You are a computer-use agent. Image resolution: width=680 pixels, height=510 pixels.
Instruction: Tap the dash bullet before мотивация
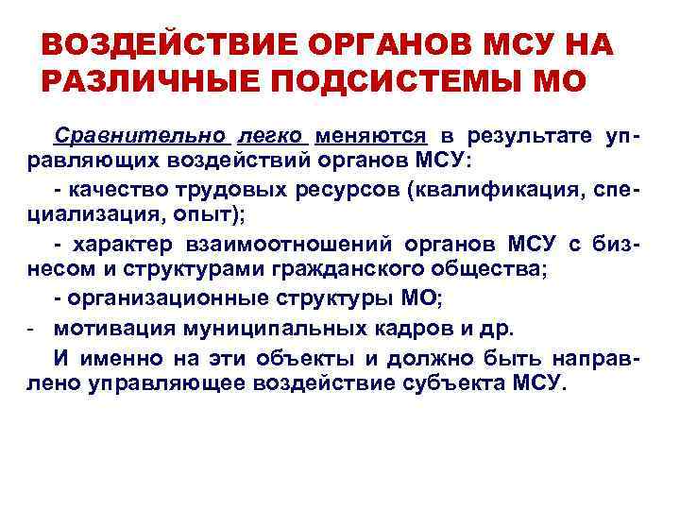pos(31,329)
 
